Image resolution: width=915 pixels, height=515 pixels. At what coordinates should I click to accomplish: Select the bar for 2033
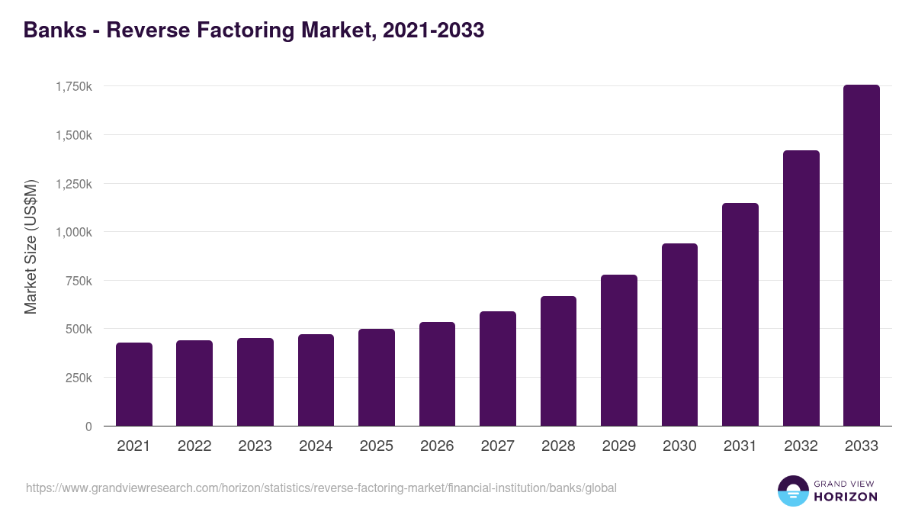[x=862, y=256]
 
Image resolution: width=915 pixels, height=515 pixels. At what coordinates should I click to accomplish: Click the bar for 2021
[x=134, y=385]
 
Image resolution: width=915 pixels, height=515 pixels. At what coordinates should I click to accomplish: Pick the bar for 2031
[x=740, y=314]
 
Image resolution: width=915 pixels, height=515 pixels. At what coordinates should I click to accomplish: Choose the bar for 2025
[x=377, y=378]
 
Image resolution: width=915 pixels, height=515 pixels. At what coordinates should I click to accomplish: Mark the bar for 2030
[x=679, y=335]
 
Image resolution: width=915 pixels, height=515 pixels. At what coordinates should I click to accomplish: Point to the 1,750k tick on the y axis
[x=74, y=87]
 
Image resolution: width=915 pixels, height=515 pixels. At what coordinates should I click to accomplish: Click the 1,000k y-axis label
[x=74, y=233]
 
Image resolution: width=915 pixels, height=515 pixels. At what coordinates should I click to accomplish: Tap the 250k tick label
[x=79, y=378]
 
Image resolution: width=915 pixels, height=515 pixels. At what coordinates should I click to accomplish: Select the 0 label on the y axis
[x=88, y=427]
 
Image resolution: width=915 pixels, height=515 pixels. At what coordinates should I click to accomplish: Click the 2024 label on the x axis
[x=316, y=446]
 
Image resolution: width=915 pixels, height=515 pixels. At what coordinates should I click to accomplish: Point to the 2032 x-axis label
[x=801, y=446]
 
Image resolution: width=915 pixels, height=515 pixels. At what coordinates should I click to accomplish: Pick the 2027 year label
[x=498, y=446]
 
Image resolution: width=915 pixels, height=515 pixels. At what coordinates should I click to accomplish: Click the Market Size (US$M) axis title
[x=30, y=246]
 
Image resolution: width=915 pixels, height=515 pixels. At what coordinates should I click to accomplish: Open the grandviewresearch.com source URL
[x=321, y=488]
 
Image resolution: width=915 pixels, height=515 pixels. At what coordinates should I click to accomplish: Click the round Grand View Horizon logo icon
[x=792, y=491]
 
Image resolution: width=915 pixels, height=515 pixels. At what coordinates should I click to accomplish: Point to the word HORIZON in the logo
[x=846, y=497]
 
